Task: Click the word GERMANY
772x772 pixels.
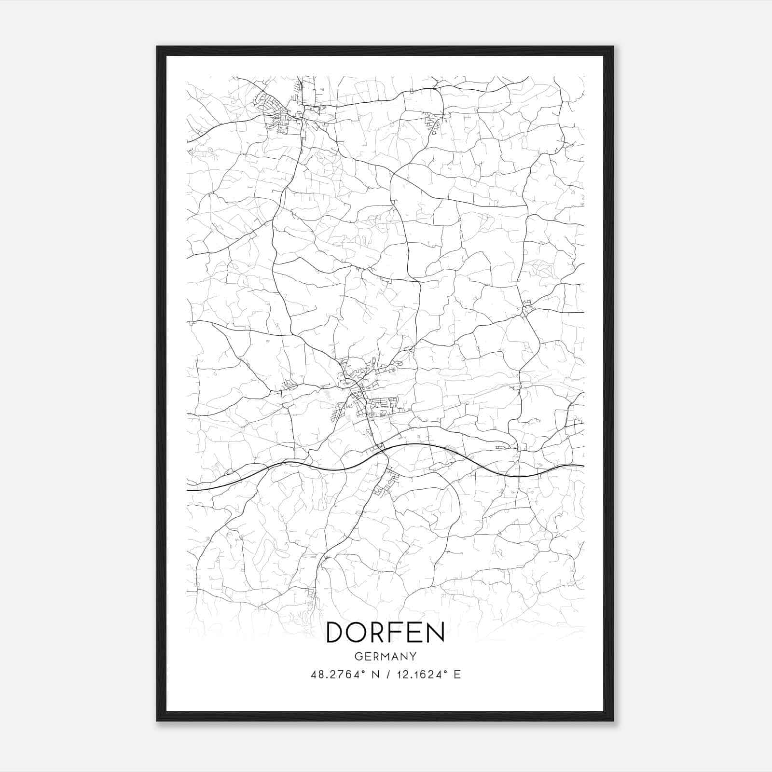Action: coord(385,657)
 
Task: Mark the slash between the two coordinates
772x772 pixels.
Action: coord(386,675)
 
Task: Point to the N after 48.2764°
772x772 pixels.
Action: coord(373,675)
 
